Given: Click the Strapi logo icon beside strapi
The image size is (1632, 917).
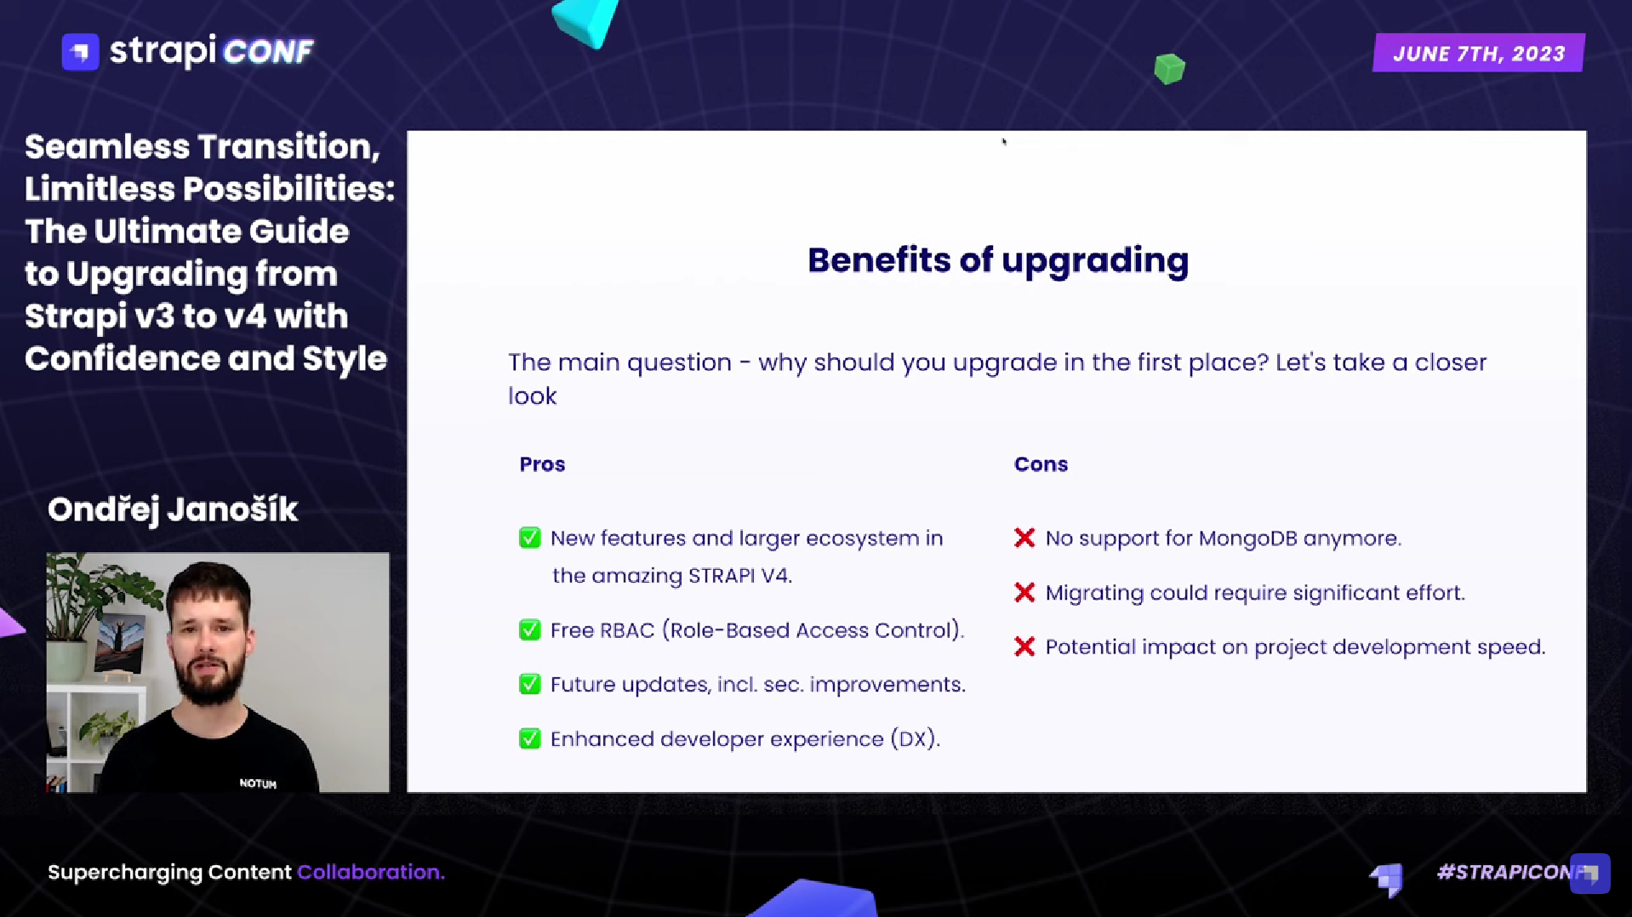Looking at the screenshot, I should click(x=81, y=52).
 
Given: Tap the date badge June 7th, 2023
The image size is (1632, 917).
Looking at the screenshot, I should click(x=1478, y=54).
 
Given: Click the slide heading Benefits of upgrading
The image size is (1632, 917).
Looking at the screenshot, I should click(x=997, y=260).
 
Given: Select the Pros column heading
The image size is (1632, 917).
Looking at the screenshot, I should click(x=542, y=464).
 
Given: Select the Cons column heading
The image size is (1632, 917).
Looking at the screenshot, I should click(x=1040, y=464).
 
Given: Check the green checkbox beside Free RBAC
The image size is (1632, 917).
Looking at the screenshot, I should click(x=529, y=630).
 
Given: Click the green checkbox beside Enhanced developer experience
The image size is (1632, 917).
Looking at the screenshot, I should click(x=529, y=738).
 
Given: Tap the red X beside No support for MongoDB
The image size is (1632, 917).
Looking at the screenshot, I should click(x=1024, y=538).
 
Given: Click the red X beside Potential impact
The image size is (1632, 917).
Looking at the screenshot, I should click(x=1024, y=647).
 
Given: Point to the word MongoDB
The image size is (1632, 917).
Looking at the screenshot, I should click(x=1247, y=538).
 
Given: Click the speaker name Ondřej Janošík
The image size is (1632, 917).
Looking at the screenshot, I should click(x=173, y=510).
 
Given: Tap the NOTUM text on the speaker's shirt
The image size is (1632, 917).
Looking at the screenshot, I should click(x=258, y=783).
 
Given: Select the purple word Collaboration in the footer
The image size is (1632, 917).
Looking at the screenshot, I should click(x=368, y=872).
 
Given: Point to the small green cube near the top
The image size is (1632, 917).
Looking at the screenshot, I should click(x=1169, y=69).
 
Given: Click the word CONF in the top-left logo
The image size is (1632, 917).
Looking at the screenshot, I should click(x=268, y=53).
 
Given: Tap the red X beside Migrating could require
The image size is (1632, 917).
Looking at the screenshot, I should click(x=1024, y=593).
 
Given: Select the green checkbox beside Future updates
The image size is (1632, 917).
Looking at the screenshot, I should click(x=529, y=685).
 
